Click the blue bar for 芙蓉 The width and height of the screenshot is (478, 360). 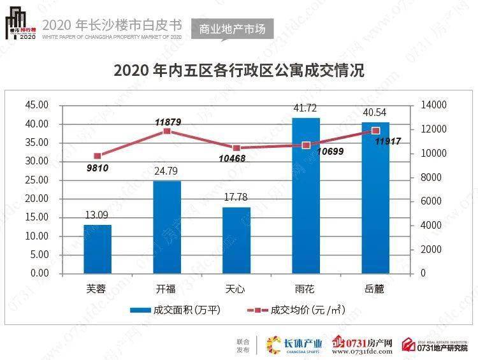point(97,248)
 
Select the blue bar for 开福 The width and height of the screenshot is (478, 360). point(167,227)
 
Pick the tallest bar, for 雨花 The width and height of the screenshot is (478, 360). point(306,195)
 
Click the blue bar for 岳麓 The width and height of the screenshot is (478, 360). point(375,198)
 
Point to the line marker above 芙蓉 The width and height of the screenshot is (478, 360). point(97,155)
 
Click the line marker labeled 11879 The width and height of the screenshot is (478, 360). point(167,131)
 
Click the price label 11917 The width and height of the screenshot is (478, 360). point(387,141)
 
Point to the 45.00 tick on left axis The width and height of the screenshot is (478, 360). point(37,105)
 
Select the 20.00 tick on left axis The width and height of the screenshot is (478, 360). point(37,198)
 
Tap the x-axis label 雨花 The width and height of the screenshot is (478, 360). point(306,288)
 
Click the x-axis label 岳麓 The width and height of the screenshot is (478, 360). point(375,288)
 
